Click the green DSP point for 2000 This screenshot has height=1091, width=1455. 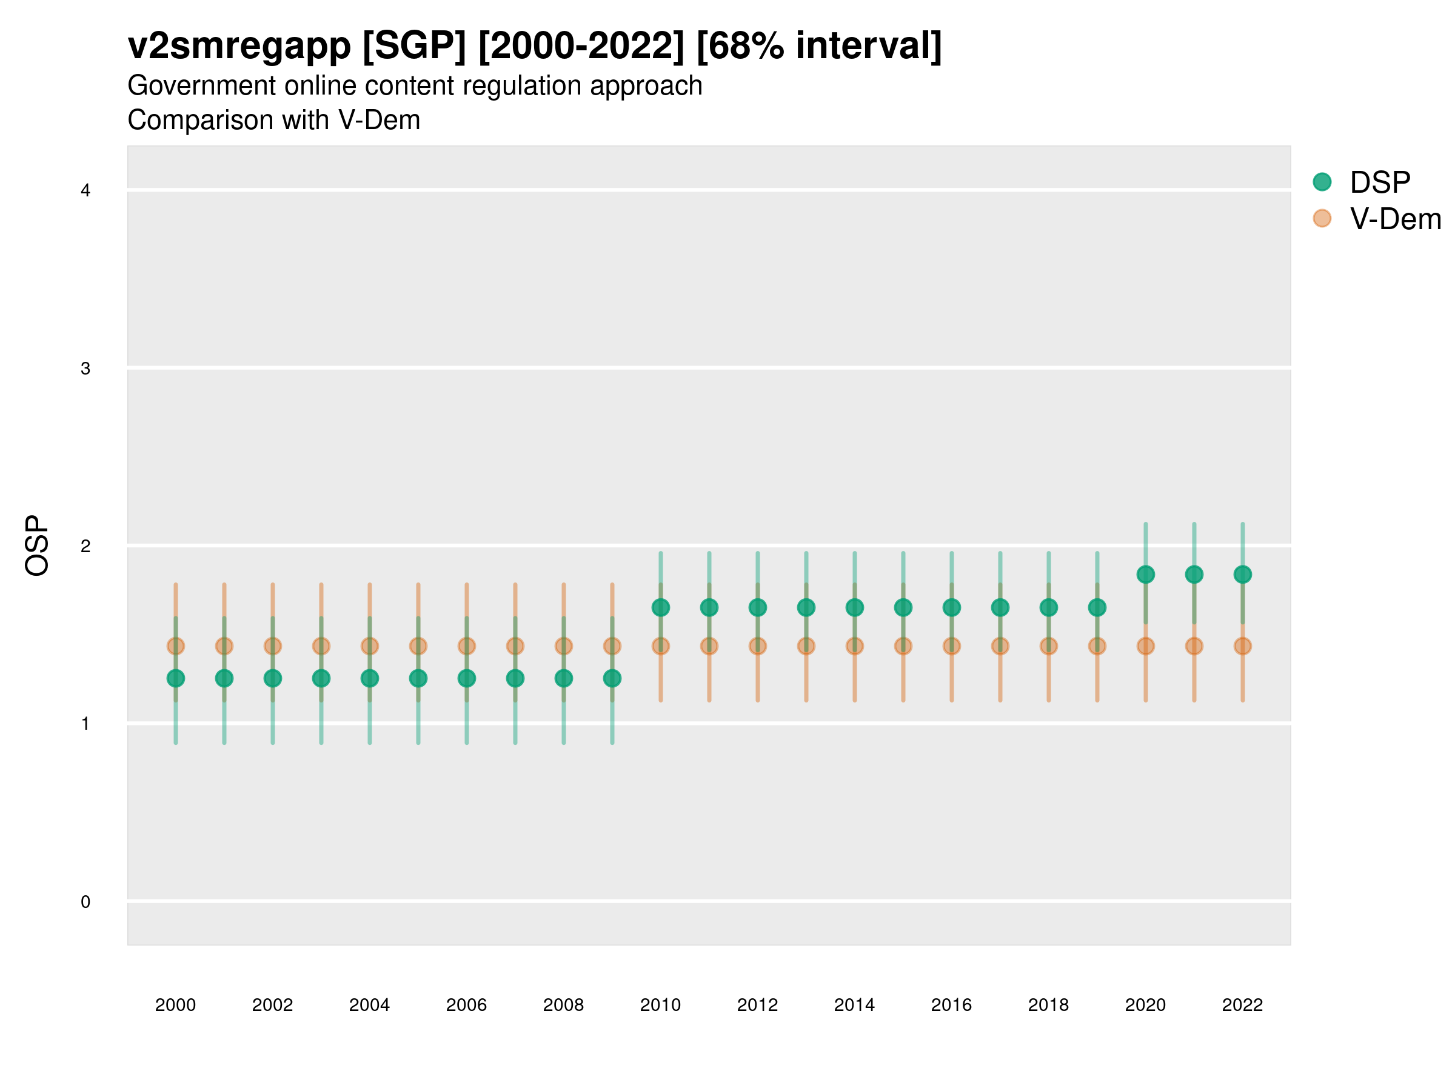(x=176, y=678)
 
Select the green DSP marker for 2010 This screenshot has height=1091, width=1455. (x=660, y=608)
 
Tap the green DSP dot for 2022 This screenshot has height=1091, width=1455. (x=1243, y=574)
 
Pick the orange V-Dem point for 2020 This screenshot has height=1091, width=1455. (x=1145, y=647)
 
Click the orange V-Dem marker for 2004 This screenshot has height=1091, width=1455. (x=370, y=647)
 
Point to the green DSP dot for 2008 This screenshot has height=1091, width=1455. (x=564, y=678)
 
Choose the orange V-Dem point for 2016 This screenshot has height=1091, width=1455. (x=951, y=647)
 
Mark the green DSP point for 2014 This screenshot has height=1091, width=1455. (x=854, y=608)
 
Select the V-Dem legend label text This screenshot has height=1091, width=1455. (x=1395, y=219)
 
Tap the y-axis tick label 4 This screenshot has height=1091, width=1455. (x=85, y=191)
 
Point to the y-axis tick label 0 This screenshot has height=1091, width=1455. (x=85, y=902)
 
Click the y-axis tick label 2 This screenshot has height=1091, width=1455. (x=85, y=547)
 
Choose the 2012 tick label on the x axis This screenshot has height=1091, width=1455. (x=757, y=1005)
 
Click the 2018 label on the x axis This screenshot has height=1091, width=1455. (x=1048, y=1005)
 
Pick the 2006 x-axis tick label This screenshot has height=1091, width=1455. (x=466, y=1005)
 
